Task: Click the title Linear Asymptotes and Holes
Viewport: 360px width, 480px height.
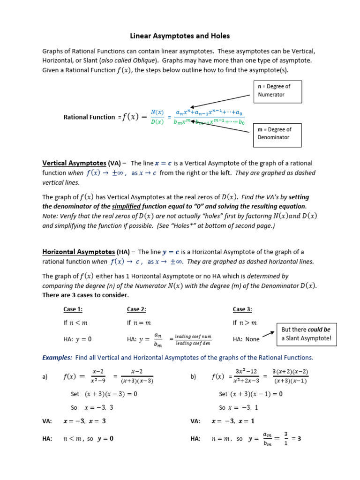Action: click(x=180, y=36)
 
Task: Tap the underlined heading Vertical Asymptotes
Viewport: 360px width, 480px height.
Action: click(x=75, y=163)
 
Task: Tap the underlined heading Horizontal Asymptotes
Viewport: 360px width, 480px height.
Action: click(x=78, y=252)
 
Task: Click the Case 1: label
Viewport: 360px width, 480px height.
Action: click(x=73, y=309)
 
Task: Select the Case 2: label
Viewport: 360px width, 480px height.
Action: click(x=136, y=309)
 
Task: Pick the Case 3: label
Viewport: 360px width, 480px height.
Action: click(x=242, y=309)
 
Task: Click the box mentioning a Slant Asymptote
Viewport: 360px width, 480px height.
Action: click(x=307, y=334)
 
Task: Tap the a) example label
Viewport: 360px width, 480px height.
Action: click(x=45, y=377)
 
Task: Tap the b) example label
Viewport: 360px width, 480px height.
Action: click(x=193, y=377)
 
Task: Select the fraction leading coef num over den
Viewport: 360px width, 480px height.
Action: click(x=193, y=339)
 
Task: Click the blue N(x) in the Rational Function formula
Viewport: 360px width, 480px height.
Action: click(x=157, y=112)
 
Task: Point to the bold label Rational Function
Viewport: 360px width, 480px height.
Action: click(x=89, y=117)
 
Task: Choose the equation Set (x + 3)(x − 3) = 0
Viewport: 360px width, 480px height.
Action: click(x=104, y=394)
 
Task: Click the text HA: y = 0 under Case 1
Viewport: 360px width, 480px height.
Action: click(x=78, y=339)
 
